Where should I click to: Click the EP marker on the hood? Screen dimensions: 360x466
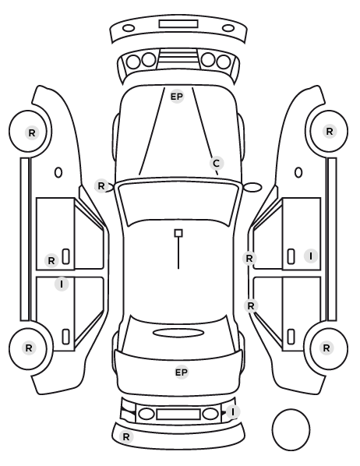point(177,97)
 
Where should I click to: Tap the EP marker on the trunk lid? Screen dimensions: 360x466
point(182,372)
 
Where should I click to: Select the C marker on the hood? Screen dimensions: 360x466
point(217,163)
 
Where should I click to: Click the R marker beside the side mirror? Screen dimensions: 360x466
point(101,186)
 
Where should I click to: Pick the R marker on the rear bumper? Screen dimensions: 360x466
point(126,437)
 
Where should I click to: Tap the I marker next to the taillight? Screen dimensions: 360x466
point(233,412)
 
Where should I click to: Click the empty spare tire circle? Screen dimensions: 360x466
point(291,429)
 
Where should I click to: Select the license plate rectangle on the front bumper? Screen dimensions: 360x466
point(178,24)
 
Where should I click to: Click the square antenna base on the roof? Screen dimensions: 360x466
point(178,233)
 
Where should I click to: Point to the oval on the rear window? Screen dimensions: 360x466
point(178,333)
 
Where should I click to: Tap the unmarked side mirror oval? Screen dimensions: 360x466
point(253,187)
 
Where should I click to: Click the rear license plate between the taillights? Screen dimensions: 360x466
point(178,415)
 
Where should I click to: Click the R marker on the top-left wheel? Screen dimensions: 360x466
point(32,132)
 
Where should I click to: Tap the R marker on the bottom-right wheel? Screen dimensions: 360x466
point(326,348)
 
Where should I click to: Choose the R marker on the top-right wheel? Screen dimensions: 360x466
point(330,132)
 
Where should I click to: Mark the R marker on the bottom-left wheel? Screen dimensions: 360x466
point(29,348)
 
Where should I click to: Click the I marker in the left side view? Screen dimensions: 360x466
point(62,284)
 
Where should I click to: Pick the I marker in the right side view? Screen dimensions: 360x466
point(311,256)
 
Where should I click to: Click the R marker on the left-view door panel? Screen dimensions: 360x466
point(51,260)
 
